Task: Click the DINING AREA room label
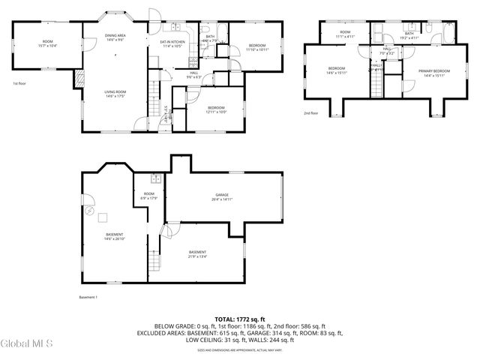(x=115, y=35)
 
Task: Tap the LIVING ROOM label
(x=115, y=91)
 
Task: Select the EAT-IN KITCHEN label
(x=172, y=42)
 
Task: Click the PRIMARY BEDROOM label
(x=436, y=70)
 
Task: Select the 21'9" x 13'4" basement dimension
(x=197, y=256)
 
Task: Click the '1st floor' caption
(x=20, y=84)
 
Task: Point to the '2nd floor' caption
(x=310, y=113)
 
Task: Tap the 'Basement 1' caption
(x=88, y=298)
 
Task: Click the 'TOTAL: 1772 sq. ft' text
(x=240, y=319)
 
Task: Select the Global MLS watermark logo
(x=27, y=343)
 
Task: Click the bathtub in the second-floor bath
(x=448, y=34)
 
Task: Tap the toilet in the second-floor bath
(x=433, y=28)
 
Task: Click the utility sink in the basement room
(x=155, y=178)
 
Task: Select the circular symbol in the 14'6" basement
(x=90, y=211)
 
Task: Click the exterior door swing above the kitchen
(x=153, y=15)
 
